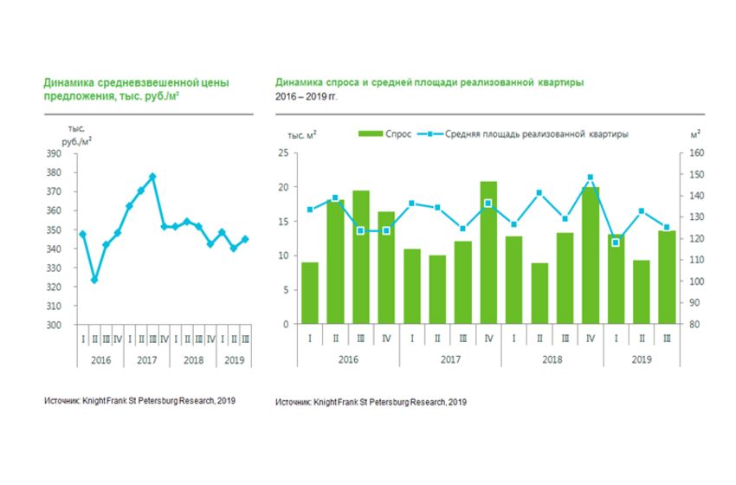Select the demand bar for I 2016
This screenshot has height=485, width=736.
click(309, 294)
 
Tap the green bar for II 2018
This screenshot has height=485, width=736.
click(539, 294)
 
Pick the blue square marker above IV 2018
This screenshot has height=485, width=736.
click(590, 177)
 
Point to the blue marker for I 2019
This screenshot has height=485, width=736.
click(616, 242)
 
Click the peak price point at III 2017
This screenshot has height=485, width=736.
click(152, 176)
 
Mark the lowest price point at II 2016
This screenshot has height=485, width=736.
click(94, 280)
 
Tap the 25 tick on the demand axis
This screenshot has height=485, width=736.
click(283, 153)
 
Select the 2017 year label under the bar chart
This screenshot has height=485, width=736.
click(450, 359)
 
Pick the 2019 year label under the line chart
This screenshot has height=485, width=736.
click(234, 359)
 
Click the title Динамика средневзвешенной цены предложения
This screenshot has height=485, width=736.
click(136, 90)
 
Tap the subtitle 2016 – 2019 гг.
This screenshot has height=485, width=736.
click(306, 97)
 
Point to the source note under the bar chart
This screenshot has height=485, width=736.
click(371, 403)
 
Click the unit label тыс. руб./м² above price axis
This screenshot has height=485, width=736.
click(76, 134)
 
